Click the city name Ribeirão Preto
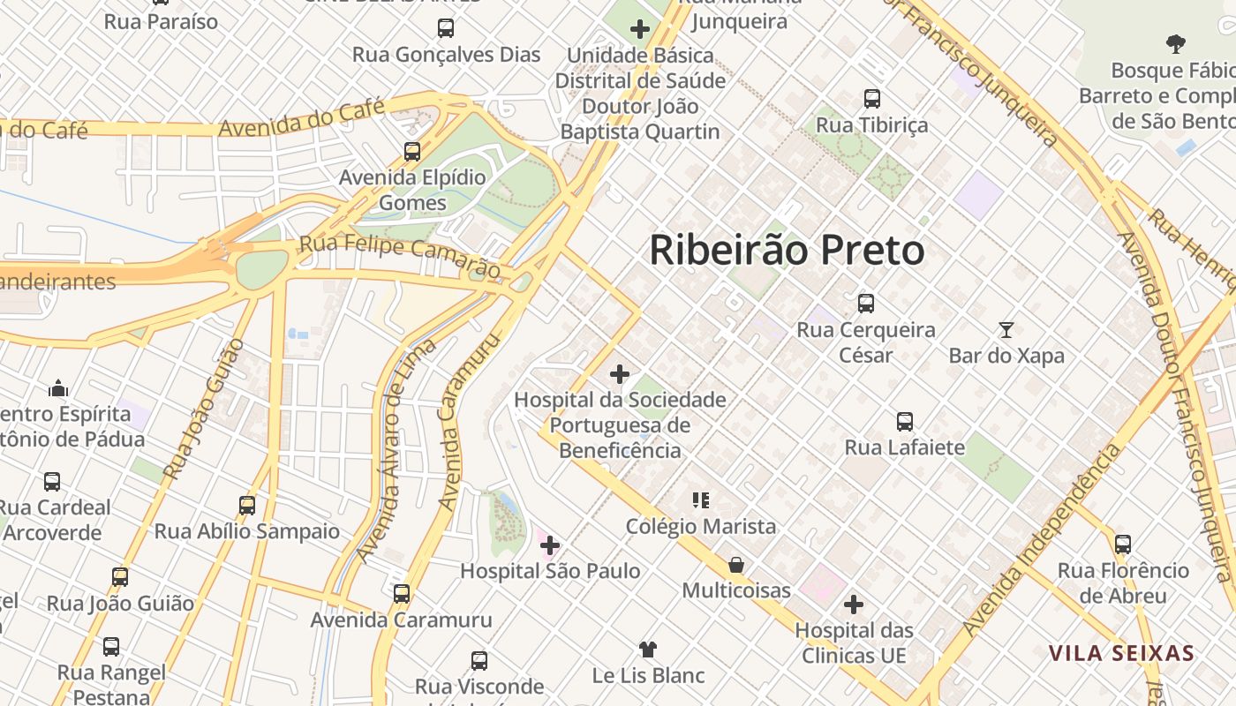tap(787, 251)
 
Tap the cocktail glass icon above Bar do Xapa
tap(1006, 330)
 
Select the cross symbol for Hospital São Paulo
tap(550, 545)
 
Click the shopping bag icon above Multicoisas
tap(735, 564)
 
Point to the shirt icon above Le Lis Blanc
tap(648, 650)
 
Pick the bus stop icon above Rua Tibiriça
tap(872, 99)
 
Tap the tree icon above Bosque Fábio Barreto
tap(1175, 43)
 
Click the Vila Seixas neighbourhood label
tap(1121, 654)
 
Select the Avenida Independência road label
tap(1042, 541)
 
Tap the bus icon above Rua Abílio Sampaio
tap(247, 506)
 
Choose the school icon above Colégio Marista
tap(701, 501)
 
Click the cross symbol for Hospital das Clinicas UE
tap(853, 605)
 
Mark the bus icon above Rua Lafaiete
tap(905, 422)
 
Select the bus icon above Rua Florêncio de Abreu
tap(1123, 545)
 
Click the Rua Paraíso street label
tap(161, 22)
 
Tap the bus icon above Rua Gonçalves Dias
tap(446, 28)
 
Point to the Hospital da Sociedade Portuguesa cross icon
tap(620, 374)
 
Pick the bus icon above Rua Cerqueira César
tap(866, 304)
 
